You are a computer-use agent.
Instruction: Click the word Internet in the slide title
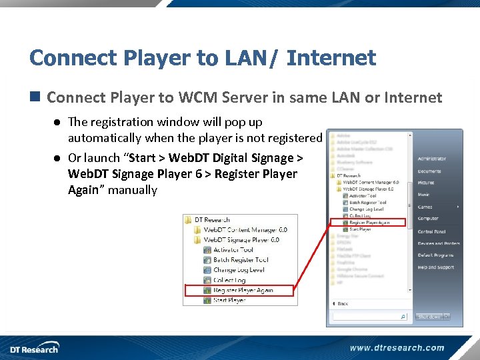331,58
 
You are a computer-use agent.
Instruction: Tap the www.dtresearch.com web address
397,347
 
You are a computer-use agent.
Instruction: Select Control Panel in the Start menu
431,231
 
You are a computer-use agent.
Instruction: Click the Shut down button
429,317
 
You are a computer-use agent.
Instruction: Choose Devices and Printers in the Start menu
439,243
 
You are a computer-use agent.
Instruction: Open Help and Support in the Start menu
436,267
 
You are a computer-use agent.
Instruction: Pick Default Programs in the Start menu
435,255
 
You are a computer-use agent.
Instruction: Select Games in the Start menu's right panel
425,207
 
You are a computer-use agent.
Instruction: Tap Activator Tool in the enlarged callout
233,249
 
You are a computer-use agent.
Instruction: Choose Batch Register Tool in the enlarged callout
241,259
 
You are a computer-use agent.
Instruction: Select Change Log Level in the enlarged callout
239,270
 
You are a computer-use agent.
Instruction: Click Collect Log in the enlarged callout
229,280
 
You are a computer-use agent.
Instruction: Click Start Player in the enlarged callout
229,300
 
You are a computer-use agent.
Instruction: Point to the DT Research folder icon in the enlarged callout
189,219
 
